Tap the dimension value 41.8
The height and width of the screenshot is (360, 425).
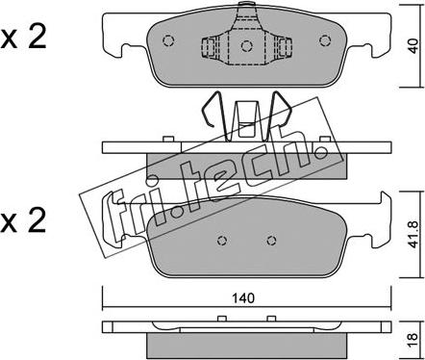[414, 234]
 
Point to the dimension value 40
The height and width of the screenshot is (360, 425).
[414, 46]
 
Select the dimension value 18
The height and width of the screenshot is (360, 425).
[413, 337]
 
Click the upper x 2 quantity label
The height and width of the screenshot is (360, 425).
[23, 37]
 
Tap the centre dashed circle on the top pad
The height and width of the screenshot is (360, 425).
[246, 46]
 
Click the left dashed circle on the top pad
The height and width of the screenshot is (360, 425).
[168, 40]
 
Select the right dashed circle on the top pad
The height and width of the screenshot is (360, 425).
[325, 40]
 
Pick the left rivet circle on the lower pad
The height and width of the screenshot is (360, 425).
[222, 240]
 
